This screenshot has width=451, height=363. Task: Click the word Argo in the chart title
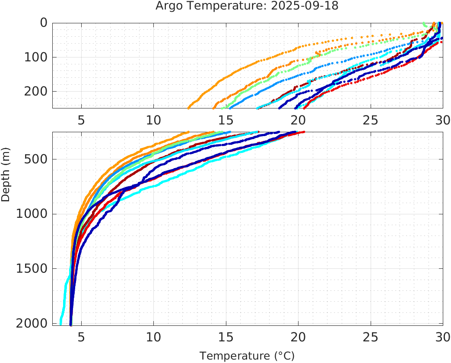coord(167,6)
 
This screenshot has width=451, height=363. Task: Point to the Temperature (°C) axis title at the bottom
coord(247,356)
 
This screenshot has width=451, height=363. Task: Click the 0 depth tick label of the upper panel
coord(44,23)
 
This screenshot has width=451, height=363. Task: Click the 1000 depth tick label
coord(32,214)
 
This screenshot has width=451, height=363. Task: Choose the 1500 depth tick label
coord(32,268)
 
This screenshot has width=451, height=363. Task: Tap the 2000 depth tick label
coord(32,323)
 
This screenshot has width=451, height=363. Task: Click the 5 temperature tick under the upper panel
coord(81,119)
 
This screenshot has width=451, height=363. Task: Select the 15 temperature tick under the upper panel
coord(225,119)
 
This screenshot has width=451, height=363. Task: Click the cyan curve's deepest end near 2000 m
coord(60,323)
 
